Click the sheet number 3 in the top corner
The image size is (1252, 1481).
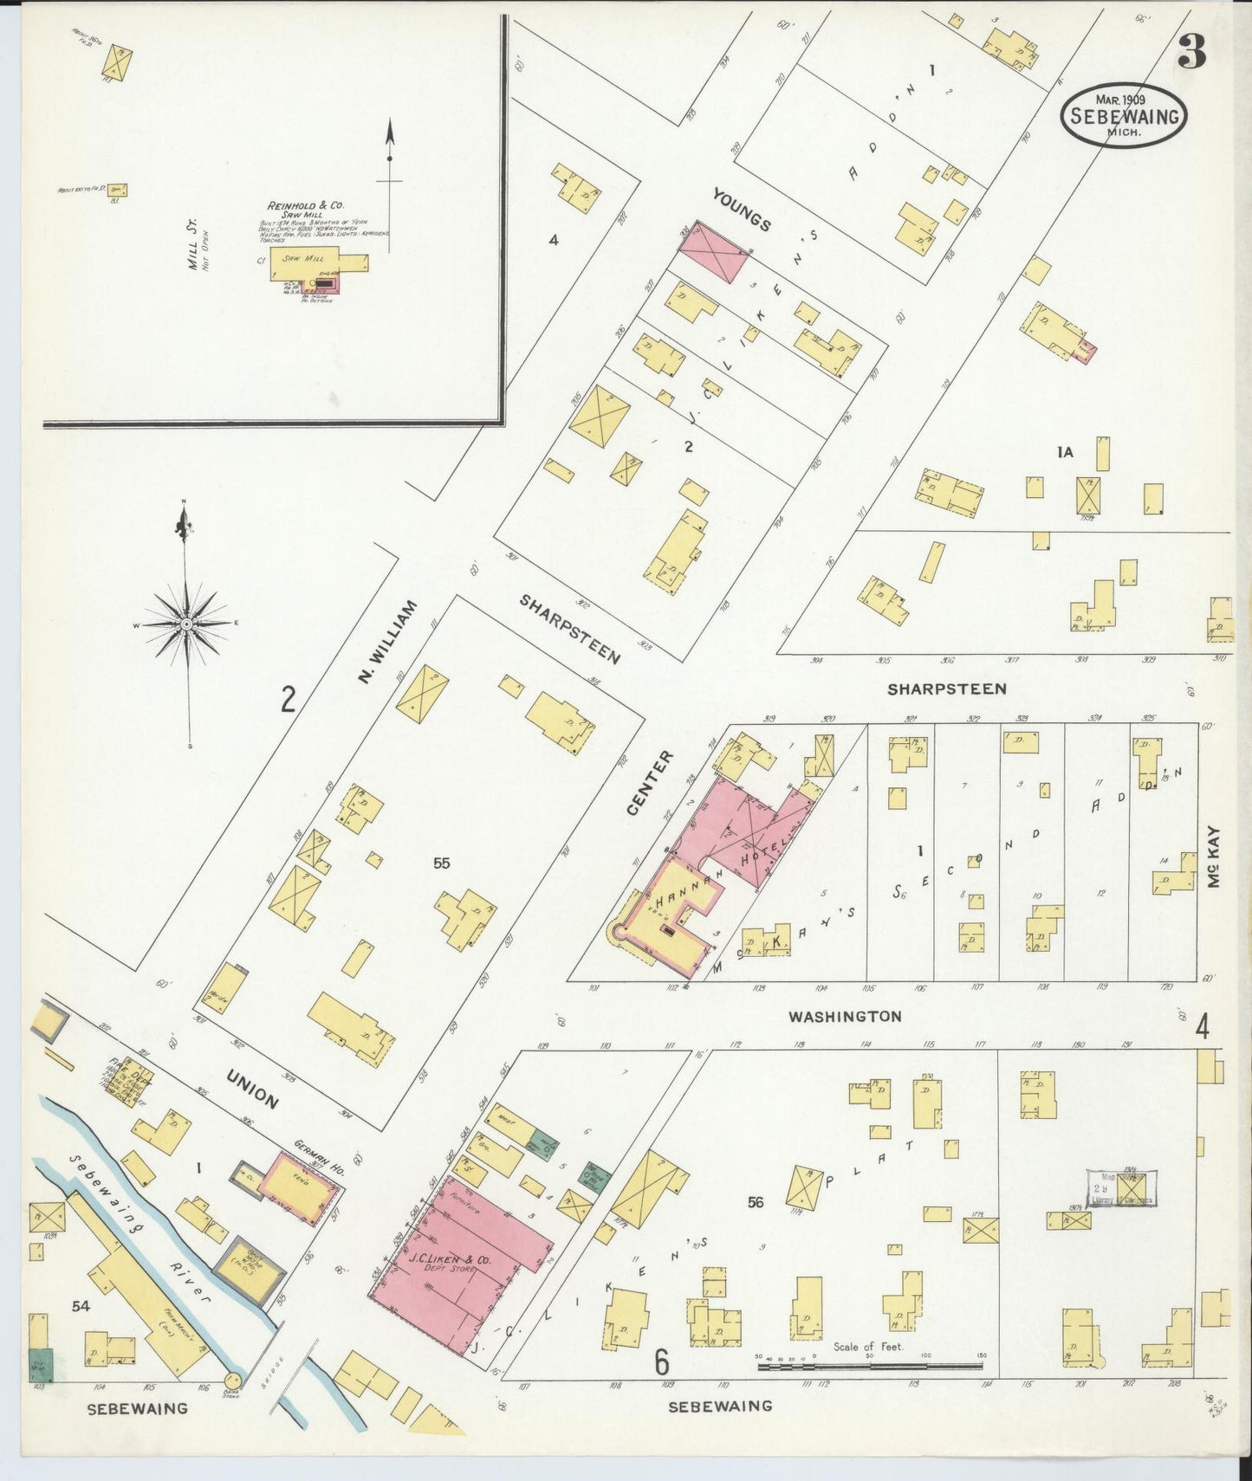point(1191,54)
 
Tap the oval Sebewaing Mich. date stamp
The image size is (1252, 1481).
point(1123,115)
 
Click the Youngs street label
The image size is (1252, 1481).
point(741,210)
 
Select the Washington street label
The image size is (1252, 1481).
point(845,1016)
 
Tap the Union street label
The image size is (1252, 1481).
point(252,1089)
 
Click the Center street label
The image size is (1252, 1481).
point(649,782)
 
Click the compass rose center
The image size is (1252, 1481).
point(186,624)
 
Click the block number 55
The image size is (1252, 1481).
point(442,863)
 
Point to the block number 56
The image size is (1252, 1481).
point(756,1202)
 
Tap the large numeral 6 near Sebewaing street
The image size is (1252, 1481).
point(662,1364)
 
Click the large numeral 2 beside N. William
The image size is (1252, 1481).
point(288,698)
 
